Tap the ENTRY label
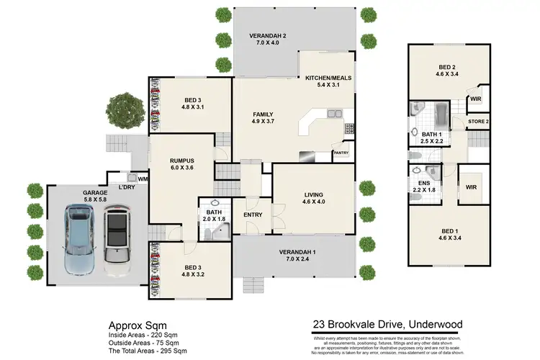tap(253, 215)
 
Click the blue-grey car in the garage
tap(79, 240)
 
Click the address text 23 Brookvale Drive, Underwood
tap(387, 325)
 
